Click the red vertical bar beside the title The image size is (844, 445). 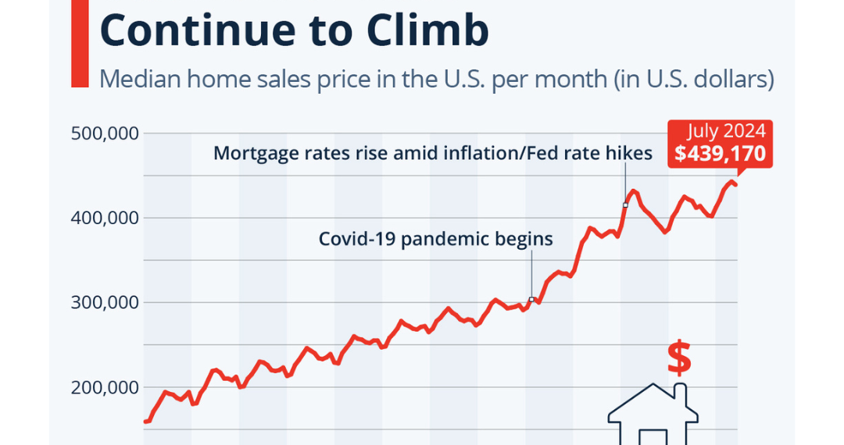click(x=80, y=43)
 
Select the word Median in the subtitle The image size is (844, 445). click(x=134, y=79)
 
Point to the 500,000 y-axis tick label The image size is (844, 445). click(x=105, y=133)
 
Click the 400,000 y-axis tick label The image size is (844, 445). click(x=105, y=218)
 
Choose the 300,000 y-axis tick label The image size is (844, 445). click(x=105, y=303)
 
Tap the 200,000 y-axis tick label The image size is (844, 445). click(x=105, y=388)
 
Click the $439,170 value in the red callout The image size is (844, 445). click(x=721, y=154)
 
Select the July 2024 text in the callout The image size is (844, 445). click(x=727, y=130)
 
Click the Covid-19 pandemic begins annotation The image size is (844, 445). click(x=435, y=239)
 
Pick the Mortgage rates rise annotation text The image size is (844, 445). click(x=432, y=153)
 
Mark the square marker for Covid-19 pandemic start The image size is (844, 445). click(x=531, y=300)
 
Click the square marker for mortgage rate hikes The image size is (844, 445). click(x=625, y=205)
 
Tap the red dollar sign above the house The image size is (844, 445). click(x=678, y=358)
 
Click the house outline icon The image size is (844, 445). click(x=653, y=418)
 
